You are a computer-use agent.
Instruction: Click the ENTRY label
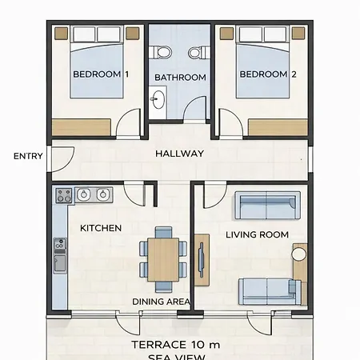click(28, 156)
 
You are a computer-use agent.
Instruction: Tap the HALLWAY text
click(180, 154)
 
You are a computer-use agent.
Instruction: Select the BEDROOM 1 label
click(101, 74)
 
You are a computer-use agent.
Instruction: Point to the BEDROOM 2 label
click(268, 74)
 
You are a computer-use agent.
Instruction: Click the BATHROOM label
click(180, 78)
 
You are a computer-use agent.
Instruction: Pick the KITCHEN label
click(101, 228)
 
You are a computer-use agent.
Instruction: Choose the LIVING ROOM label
click(257, 235)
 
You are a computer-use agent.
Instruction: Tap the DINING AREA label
click(162, 302)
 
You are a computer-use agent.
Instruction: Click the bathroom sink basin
click(158, 99)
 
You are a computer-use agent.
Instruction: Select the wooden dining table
click(163, 260)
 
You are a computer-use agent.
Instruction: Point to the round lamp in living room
click(299, 254)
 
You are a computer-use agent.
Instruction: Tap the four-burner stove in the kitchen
click(64, 195)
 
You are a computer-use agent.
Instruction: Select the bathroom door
click(195, 109)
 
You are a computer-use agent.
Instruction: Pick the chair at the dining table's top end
click(163, 233)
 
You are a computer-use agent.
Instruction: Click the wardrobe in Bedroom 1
click(81, 127)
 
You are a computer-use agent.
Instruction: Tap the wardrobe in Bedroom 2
click(278, 127)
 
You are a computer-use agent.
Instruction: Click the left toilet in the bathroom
click(161, 52)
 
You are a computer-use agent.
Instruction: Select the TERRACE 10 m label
click(176, 345)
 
